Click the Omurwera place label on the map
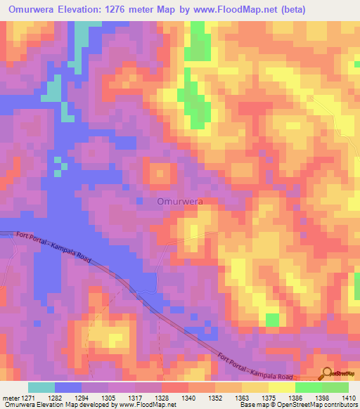click(179, 201)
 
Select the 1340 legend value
click(188, 398)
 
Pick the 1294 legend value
click(81, 398)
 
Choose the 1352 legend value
click(215, 398)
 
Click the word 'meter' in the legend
click(9, 398)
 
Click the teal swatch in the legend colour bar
click(41, 387)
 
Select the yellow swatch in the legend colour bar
click(281, 387)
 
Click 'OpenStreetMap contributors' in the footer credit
click(323, 405)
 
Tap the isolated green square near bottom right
click(271, 320)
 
